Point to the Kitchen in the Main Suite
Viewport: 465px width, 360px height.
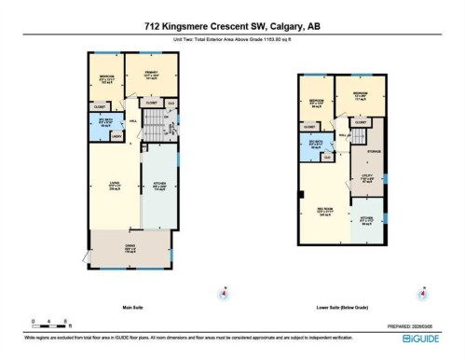tap(157, 185)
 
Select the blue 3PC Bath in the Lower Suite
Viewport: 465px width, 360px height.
tap(317, 143)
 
